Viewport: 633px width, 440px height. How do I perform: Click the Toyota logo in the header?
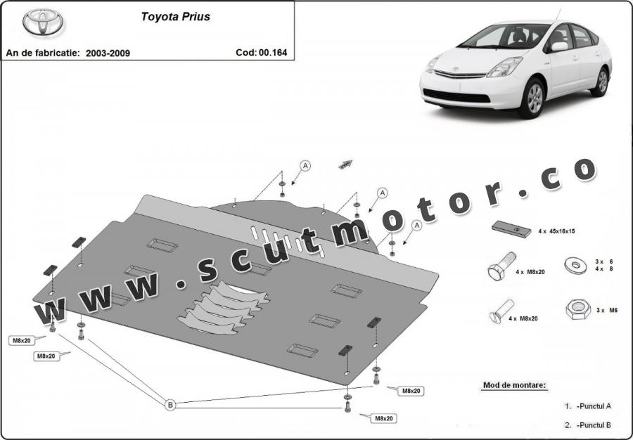(x=44, y=23)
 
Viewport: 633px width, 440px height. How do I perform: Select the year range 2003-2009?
(x=108, y=53)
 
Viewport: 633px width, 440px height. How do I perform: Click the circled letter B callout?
(x=170, y=405)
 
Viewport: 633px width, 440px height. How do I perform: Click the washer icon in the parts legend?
(x=575, y=265)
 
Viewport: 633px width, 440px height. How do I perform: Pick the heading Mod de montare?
(x=514, y=385)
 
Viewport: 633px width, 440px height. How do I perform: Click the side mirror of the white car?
(x=559, y=46)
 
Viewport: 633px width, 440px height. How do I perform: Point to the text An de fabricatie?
(x=41, y=53)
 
